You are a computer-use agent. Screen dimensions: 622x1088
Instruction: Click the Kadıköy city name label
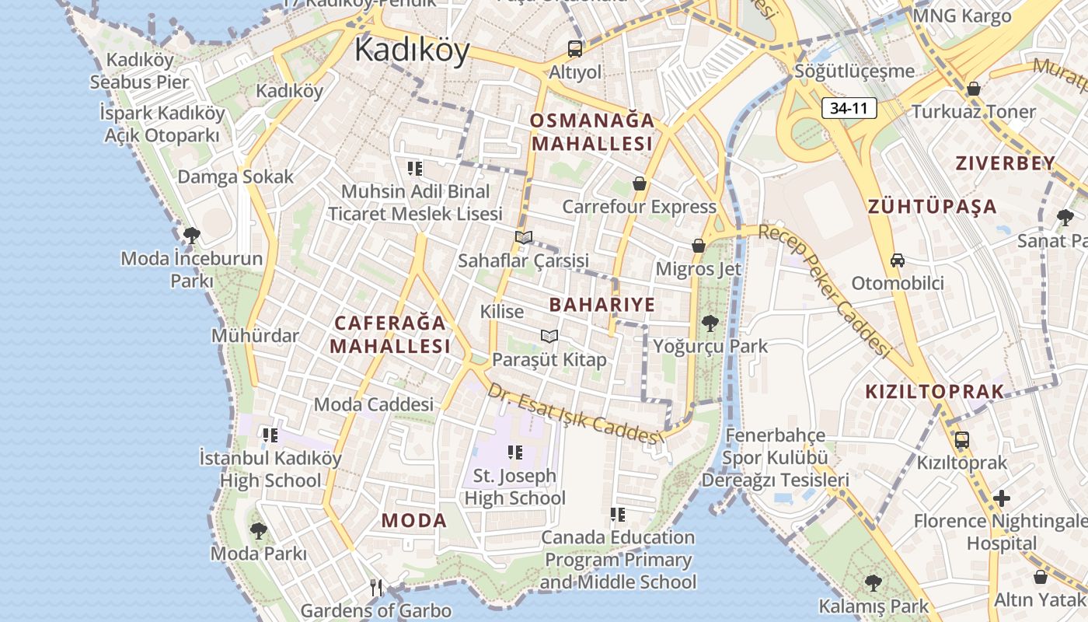click(x=412, y=51)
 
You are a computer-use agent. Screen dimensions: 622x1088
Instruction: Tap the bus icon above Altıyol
click(x=575, y=49)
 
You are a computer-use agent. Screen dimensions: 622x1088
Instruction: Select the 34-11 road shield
click(x=849, y=109)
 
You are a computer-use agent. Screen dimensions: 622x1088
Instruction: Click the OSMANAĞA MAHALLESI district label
click(x=592, y=132)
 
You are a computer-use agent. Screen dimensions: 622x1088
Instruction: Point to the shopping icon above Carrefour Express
click(x=639, y=183)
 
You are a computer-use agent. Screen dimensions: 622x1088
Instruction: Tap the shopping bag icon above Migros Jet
click(x=699, y=246)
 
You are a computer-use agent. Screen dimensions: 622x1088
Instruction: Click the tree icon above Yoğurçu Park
click(x=710, y=323)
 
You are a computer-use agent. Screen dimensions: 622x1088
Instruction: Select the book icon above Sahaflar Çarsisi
click(x=524, y=237)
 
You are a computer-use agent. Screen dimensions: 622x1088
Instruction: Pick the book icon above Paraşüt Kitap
click(x=549, y=336)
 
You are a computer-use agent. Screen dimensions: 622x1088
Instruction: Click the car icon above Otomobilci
click(x=898, y=260)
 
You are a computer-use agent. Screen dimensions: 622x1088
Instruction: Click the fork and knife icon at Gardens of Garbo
click(x=377, y=587)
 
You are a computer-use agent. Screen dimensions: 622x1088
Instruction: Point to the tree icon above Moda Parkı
click(x=259, y=530)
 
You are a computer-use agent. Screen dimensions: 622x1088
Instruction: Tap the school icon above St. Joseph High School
click(x=514, y=452)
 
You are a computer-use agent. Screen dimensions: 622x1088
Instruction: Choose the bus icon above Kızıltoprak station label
click(x=962, y=439)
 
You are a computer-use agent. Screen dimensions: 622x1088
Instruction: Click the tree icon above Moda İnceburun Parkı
click(x=192, y=235)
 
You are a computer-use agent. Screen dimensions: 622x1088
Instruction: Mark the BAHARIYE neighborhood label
click(x=602, y=304)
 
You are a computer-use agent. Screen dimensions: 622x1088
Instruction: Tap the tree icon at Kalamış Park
click(x=874, y=582)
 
